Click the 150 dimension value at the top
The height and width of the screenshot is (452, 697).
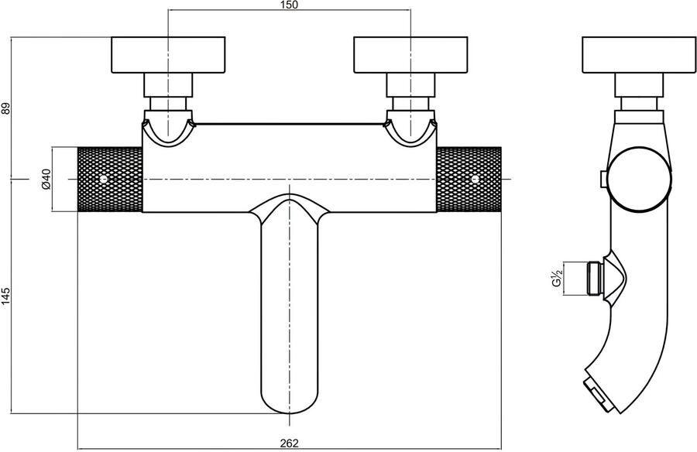(x=289, y=5)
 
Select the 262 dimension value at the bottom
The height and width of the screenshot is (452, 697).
(x=289, y=444)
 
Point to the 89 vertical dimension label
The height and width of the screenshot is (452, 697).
(x=7, y=109)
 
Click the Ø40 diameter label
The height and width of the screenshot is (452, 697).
(x=45, y=180)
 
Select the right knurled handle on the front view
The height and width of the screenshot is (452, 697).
(x=469, y=179)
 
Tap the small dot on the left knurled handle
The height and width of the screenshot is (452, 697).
(x=104, y=179)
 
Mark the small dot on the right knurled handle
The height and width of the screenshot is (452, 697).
(x=475, y=179)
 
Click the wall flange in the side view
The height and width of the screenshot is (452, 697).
(x=637, y=53)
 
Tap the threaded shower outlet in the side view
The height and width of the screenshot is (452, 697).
(x=596, y=276)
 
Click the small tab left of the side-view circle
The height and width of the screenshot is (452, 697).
(x=602, y=180)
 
